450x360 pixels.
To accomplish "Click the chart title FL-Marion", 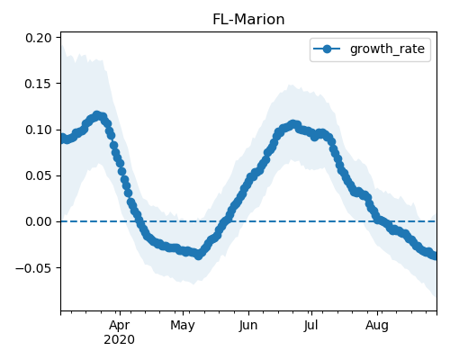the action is click(x=248, y=20).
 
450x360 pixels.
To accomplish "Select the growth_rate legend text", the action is click(x=387, y=49).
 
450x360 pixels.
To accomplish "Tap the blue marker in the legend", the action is click(x=327, y=49).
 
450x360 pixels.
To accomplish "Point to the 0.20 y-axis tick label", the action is click(x=39, y=38).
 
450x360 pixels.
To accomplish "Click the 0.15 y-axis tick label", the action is click(x=39, y=84).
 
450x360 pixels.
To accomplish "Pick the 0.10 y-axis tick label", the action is click(x=39, y=130).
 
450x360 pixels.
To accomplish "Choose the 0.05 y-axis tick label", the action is click(x=39, y=175).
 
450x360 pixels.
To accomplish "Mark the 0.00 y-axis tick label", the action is click(x=39, y=221).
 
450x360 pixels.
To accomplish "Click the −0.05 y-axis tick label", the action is click(x=33, y=267).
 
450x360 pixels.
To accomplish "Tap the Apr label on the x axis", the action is click(x=120, y=326).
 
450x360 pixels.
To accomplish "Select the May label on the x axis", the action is click(x=183, y=326).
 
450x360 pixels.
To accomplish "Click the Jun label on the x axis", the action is click(x=248, y=326).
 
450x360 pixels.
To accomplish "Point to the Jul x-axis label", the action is click(x=311, y=326).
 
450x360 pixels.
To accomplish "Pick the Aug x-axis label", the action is click(x=377, y=326).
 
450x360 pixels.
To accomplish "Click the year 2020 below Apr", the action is click(x=120, y=340).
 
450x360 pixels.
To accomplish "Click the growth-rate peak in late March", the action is click(x=97, y=115).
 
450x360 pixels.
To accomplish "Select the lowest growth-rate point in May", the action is click(x=198, y=256).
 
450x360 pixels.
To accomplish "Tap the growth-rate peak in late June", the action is click(x=293, y=124).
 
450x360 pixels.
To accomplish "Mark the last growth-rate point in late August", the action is click(x=435, y=256).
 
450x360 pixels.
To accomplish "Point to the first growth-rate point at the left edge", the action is click(x=62, y=139).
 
